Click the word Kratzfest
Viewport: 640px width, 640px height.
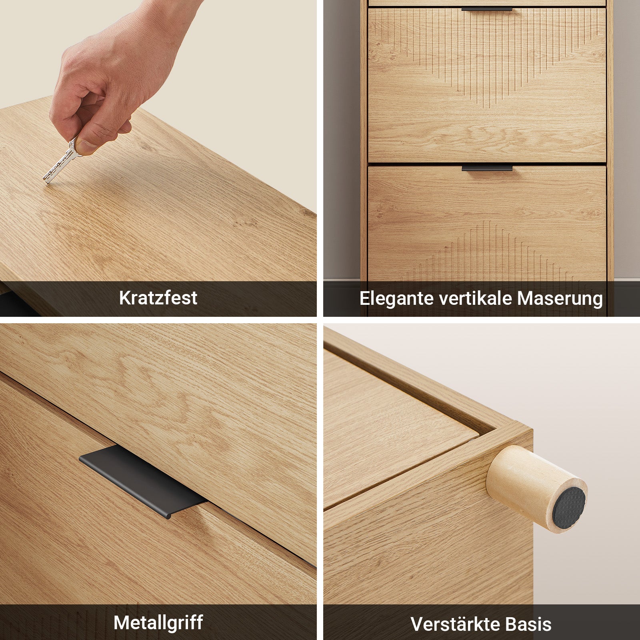click(x=158, y=298)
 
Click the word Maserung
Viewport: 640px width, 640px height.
click(x=560, y=298)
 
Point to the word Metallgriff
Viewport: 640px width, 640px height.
click(x=158, y=622)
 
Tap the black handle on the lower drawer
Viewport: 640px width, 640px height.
click(x=487, y=168)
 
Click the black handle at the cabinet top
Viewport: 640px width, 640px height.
click(x=487, y=9)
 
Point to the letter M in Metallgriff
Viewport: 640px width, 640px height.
click(x=122, y=622)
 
